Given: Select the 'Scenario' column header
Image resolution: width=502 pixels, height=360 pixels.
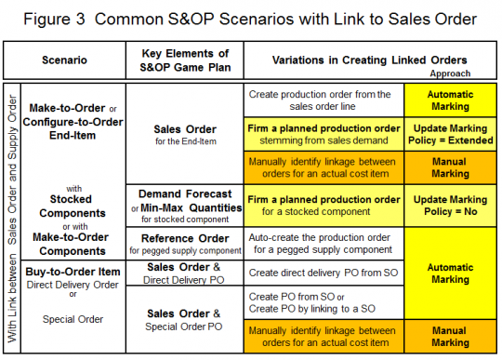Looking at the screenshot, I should (65, 60).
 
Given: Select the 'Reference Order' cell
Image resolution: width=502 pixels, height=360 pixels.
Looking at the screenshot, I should (185, 244).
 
